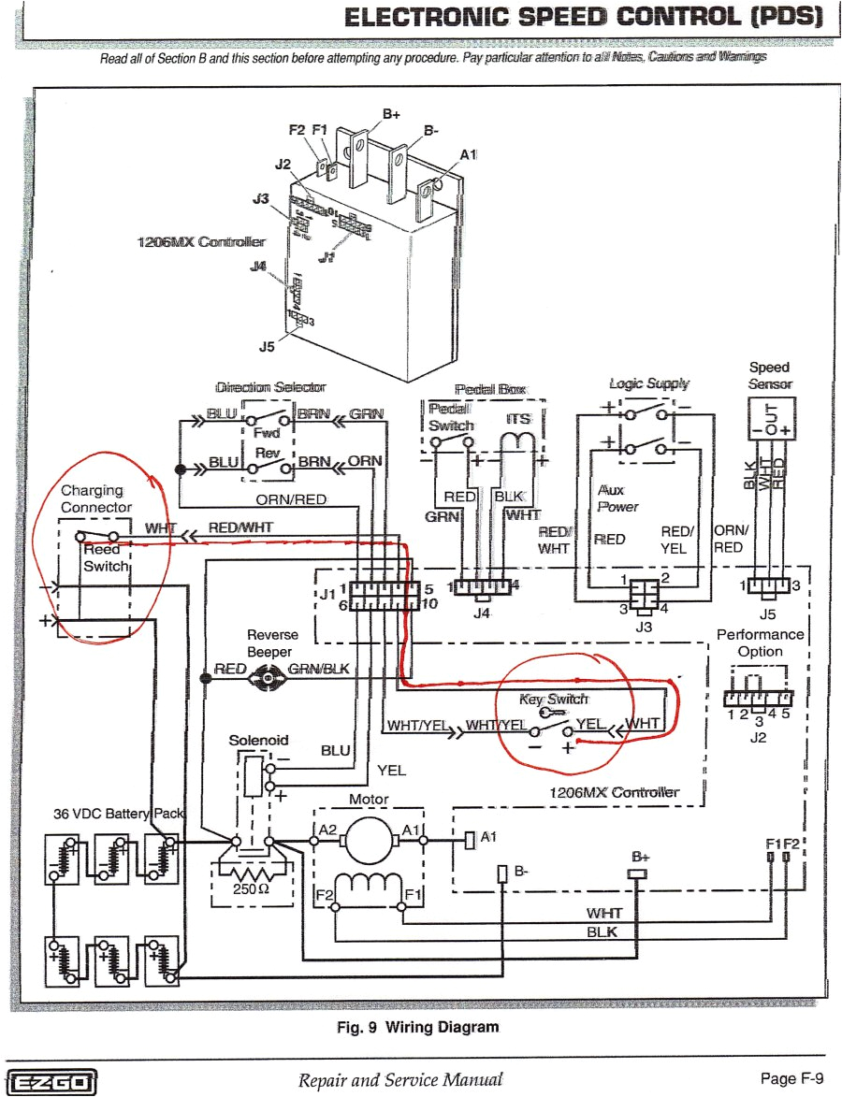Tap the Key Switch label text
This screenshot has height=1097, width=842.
pyautogui.click(x=554, y=699)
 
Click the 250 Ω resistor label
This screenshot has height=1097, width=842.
pyautogui.click(x=252, y=888)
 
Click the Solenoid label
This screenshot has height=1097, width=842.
pyautogui.click(x=258, y=740)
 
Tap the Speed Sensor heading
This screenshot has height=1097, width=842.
pyautogui.click(x=769, y=375)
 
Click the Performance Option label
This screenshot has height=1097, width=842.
pyautogui.click(x=760, y=642)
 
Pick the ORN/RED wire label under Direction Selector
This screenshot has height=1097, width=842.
pyautogui.click(x=291, y=499)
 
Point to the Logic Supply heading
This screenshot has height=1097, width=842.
pyautogui.click(x=648, y=383)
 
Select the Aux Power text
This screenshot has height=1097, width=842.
pyautogui.click(x=618, y=498)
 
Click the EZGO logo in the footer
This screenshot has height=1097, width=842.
pyautogui.click(x=51, y=1080)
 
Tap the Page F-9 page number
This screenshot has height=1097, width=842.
pyautogui.click(x=791, y=1079)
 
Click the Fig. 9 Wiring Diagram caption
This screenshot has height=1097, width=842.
pyautogui.click(x=417, y=1026)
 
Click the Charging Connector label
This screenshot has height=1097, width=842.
pyautogui.click(x=96, y=498)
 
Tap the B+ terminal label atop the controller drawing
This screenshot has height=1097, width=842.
pyautogui.click(x=391, y=114)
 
